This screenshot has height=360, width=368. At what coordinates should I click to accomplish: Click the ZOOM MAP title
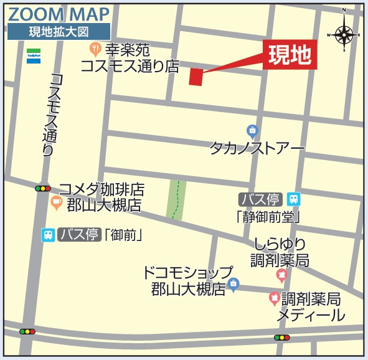59,14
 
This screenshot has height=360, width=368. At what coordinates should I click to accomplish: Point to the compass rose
343,32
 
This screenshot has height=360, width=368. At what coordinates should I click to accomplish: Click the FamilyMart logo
34,55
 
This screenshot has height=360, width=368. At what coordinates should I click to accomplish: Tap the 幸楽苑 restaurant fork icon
95,47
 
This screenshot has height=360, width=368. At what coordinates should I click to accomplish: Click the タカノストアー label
257,149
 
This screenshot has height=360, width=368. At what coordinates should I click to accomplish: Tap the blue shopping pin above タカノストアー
252,131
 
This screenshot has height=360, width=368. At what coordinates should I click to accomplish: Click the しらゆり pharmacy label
280,244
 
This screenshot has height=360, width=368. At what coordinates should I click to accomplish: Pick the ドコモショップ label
187,273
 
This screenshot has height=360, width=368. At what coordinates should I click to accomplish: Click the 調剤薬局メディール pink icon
274,299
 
